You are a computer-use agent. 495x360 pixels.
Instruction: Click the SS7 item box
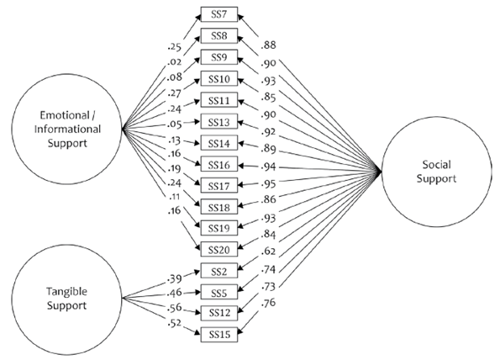[218, 14]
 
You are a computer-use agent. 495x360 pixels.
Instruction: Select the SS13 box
[218, 121]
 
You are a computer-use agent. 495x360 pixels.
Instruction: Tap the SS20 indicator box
[218, 249]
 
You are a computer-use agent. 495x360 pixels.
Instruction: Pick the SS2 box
[218, 271]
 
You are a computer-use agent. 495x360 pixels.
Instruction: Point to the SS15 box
[218, 335]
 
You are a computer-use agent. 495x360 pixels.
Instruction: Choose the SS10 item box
[218, 78]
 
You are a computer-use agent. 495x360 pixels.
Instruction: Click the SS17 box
[218, 185]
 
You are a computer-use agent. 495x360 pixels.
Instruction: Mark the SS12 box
[218, 313]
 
